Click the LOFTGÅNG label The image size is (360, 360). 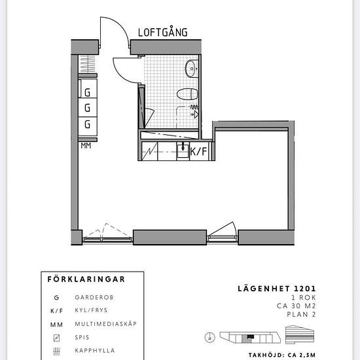tap(163, 32)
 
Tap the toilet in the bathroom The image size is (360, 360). tap(187, 94)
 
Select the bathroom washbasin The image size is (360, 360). tap(192, 69)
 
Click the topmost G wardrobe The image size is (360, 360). tap(88, 88)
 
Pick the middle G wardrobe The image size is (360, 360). tap(88, 107)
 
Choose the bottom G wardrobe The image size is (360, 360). tap(88, 126)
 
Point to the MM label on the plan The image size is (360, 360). tap(86, 146)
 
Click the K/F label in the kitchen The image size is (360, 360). tap(198, 152)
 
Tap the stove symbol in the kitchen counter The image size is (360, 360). tap(150, 151)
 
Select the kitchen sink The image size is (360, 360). tap(183, 151)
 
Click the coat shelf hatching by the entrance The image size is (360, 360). tap(88, 64)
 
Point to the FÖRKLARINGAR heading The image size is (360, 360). tap(86, 279)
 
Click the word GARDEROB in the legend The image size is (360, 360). tap(94, 298)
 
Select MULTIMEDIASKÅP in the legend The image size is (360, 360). tap(106, 324)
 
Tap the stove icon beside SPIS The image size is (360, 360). tap(56, 338)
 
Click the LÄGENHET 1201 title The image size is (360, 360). tap(277, 289)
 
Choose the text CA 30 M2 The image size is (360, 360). tap(296, 306)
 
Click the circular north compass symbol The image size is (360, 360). tap(209, 338)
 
